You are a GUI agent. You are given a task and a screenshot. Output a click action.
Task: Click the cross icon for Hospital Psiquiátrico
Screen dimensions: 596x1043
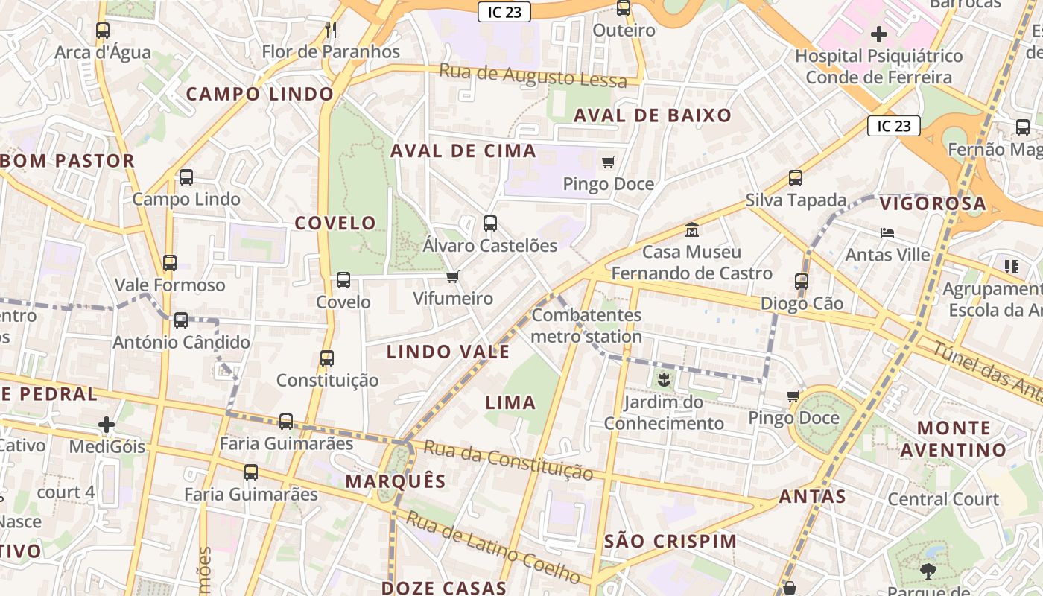(x=879, y=34)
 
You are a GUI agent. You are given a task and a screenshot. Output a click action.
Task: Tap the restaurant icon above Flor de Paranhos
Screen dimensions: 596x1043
(x=332, y=30)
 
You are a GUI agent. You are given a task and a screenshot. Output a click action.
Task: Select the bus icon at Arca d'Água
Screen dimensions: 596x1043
(x=103, y=31)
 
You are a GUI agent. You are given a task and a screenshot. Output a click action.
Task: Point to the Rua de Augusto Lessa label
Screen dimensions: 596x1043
(x=533, y=76)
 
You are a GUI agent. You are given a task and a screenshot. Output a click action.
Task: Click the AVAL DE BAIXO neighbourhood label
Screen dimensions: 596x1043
(x=653, y=115)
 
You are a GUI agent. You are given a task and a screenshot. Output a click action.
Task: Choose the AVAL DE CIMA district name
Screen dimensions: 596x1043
(x=463, y=150)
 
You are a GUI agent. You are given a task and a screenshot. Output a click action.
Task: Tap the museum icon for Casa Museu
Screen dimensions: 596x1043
(x=692, y=229)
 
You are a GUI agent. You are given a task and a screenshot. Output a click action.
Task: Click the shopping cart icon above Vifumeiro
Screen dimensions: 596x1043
(x=452, y=277)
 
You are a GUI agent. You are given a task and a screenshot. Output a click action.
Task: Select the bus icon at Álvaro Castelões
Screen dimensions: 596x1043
(x=490, y=223)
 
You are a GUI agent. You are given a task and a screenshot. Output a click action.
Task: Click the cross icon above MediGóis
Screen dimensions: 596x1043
(x=107, y=425)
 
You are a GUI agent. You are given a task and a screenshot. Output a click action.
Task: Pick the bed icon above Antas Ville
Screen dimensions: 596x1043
(x=887, y=232)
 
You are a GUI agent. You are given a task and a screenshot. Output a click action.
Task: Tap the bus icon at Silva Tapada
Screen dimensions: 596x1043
(x=796, y=178)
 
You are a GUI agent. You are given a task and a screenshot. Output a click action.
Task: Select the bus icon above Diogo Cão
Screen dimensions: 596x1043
(x=802, y=282)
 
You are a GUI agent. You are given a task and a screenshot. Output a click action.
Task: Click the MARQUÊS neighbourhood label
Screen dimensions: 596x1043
(x=396, y=481)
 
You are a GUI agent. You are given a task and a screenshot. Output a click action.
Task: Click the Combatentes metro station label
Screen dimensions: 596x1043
(x=586, y=326)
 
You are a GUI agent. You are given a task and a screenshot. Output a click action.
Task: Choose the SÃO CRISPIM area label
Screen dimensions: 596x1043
(x=670, y=542)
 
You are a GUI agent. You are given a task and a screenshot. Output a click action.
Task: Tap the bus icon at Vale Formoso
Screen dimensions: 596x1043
(x=170, y=263)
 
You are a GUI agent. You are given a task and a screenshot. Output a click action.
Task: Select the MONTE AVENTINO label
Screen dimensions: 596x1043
(x=954, y=439)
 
